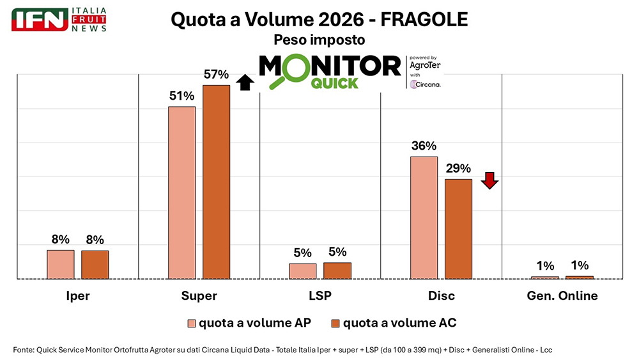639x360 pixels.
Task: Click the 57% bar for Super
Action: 216,182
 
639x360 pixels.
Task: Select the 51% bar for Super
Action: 181,192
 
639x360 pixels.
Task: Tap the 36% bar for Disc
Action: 424,217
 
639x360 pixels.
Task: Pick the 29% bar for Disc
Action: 458,229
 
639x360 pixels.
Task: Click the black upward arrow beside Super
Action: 245,82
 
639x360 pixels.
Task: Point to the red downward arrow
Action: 489,180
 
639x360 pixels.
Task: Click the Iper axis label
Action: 77,296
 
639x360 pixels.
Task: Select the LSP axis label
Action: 319,296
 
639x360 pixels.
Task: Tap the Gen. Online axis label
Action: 562,296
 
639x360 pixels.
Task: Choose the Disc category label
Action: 441,296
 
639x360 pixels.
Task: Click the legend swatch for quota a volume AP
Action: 190,323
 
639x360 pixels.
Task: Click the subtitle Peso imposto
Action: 319,40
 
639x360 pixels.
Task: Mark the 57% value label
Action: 216,75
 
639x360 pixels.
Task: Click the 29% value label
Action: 458,169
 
